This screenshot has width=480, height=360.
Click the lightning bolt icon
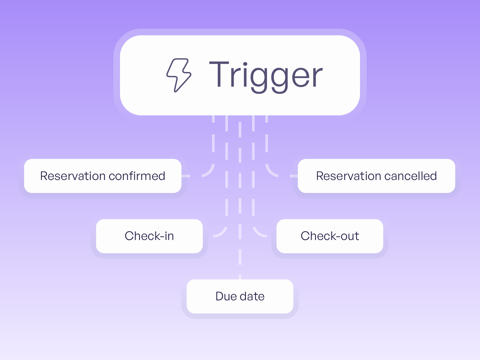pyautogui.click(x=179, y=75)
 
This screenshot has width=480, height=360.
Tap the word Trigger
pyautogui.click(x=266, y=77)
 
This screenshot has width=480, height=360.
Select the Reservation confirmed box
pyautogui.click(x=103, y=176)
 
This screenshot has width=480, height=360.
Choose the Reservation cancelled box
pyautogui.click(x=377, y=176)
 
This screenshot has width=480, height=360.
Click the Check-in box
pyautogui.click(x=149, y=236)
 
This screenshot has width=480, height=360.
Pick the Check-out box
pyautogui.click(x=330, y=236)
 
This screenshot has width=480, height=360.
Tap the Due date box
pyautogui.click(x=240, y=296)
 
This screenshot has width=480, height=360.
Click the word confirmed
pyautogui.click(x=137, y=176)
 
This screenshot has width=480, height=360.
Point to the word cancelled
pyautogui.click(x=410, y=176)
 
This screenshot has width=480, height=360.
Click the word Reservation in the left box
pyautogui.click(x=73, y=176)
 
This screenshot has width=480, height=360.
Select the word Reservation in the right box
pyautogui.click(x=349, y=176)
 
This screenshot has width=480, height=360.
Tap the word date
pyautogui.click(x=252, y=296)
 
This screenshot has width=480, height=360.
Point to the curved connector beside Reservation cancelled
pyautogui.click(x=269, y=172)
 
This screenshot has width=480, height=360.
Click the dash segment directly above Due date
pyautogui.click(x=240, y=277)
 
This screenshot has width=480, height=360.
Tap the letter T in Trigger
pyautogui.click(x=219, y=74)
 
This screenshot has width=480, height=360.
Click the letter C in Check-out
pyautogui.click(x=306, y=236)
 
